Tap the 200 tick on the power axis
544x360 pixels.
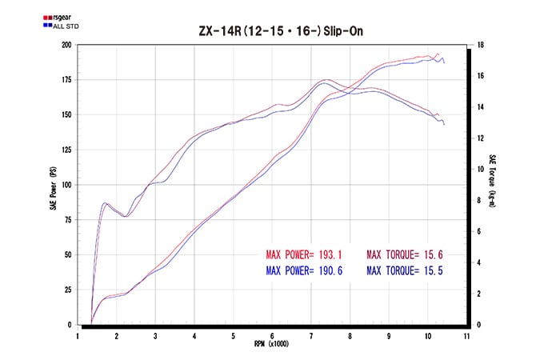66,45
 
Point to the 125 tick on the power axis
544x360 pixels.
66,150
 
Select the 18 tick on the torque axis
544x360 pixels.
478,45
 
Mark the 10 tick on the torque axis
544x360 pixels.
478,170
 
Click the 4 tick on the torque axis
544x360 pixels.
478,263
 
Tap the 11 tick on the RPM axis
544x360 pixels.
466,336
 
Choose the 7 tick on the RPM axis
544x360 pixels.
310,336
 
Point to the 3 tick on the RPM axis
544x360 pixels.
155,336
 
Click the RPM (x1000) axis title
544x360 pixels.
271,346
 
